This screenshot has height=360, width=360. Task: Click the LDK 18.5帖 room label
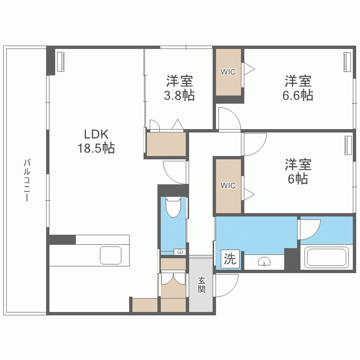point(96,141)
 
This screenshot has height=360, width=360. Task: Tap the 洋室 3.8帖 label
point(179,88)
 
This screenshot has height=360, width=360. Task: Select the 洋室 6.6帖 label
point(298,88)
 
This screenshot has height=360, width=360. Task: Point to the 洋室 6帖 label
point(298,172)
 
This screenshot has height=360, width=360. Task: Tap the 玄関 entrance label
point(202,285)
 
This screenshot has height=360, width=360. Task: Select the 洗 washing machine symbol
point(230,260)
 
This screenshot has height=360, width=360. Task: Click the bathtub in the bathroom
point(327,257)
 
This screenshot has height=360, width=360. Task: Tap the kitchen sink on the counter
point(110,255)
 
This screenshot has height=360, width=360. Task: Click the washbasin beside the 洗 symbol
point(264,261)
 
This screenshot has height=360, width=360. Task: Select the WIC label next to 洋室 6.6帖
point(228,72)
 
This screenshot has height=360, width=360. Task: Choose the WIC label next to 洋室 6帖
point(228,185)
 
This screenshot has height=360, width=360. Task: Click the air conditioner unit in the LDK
point(61,61)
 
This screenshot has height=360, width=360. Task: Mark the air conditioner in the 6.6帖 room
point(347,61)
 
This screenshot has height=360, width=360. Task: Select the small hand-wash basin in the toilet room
point(180,251)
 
